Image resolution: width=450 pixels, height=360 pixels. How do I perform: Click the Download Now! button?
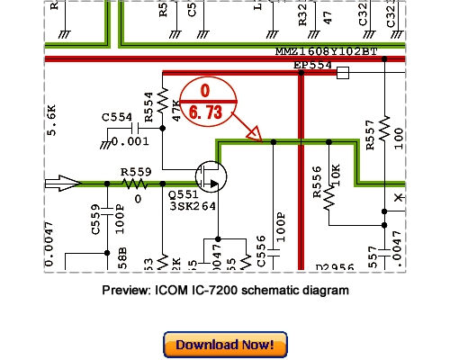point(225,344)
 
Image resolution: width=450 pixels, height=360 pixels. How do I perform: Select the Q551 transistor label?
point(184,193)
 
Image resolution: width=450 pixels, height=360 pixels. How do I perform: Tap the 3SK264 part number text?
point(192,206)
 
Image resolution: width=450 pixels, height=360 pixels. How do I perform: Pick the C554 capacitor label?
point(117,117)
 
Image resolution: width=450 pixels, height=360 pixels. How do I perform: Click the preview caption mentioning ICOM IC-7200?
point(225,291)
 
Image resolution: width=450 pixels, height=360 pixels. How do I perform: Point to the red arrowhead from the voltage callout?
point(254,136)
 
